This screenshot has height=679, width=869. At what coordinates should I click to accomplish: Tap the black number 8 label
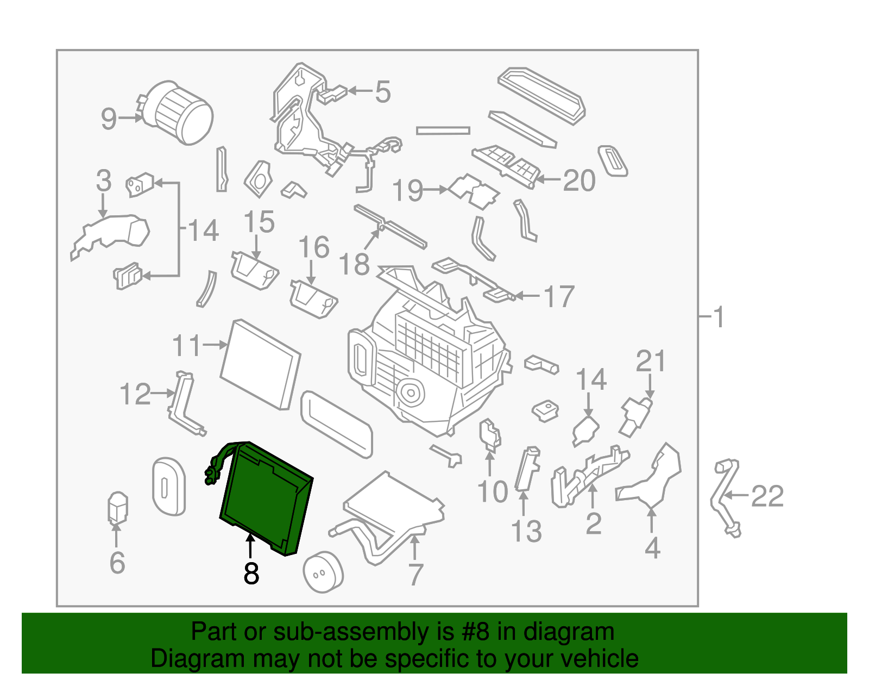tap(251, 574)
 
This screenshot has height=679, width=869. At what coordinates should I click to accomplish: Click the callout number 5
tap(383, 92)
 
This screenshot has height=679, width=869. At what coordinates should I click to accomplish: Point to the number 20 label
tap(579, 180)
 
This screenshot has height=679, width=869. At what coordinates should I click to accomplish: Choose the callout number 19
tap(407, 190)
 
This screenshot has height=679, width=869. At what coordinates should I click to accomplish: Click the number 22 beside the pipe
tap(767, 496)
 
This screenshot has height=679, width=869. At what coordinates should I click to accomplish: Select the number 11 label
tap(186, 345)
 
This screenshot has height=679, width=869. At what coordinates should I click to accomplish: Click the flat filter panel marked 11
tap(260, 364)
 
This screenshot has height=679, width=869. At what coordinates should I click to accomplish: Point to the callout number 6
tap(117, 563)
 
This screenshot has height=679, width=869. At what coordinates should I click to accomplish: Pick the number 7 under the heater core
tap(415, 575)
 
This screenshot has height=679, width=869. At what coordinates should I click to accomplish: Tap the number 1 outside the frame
tap(719, 317)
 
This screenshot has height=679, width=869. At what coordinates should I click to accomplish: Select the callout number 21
tap(651, 361)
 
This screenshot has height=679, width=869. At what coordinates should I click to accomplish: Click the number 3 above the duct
tap(104, 180)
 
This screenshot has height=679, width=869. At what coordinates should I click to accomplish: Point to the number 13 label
tap(526, 531)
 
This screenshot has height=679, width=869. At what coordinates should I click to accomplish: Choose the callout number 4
tap(652, 548)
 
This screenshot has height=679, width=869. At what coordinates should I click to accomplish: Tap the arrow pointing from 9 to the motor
tap(130, 118)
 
